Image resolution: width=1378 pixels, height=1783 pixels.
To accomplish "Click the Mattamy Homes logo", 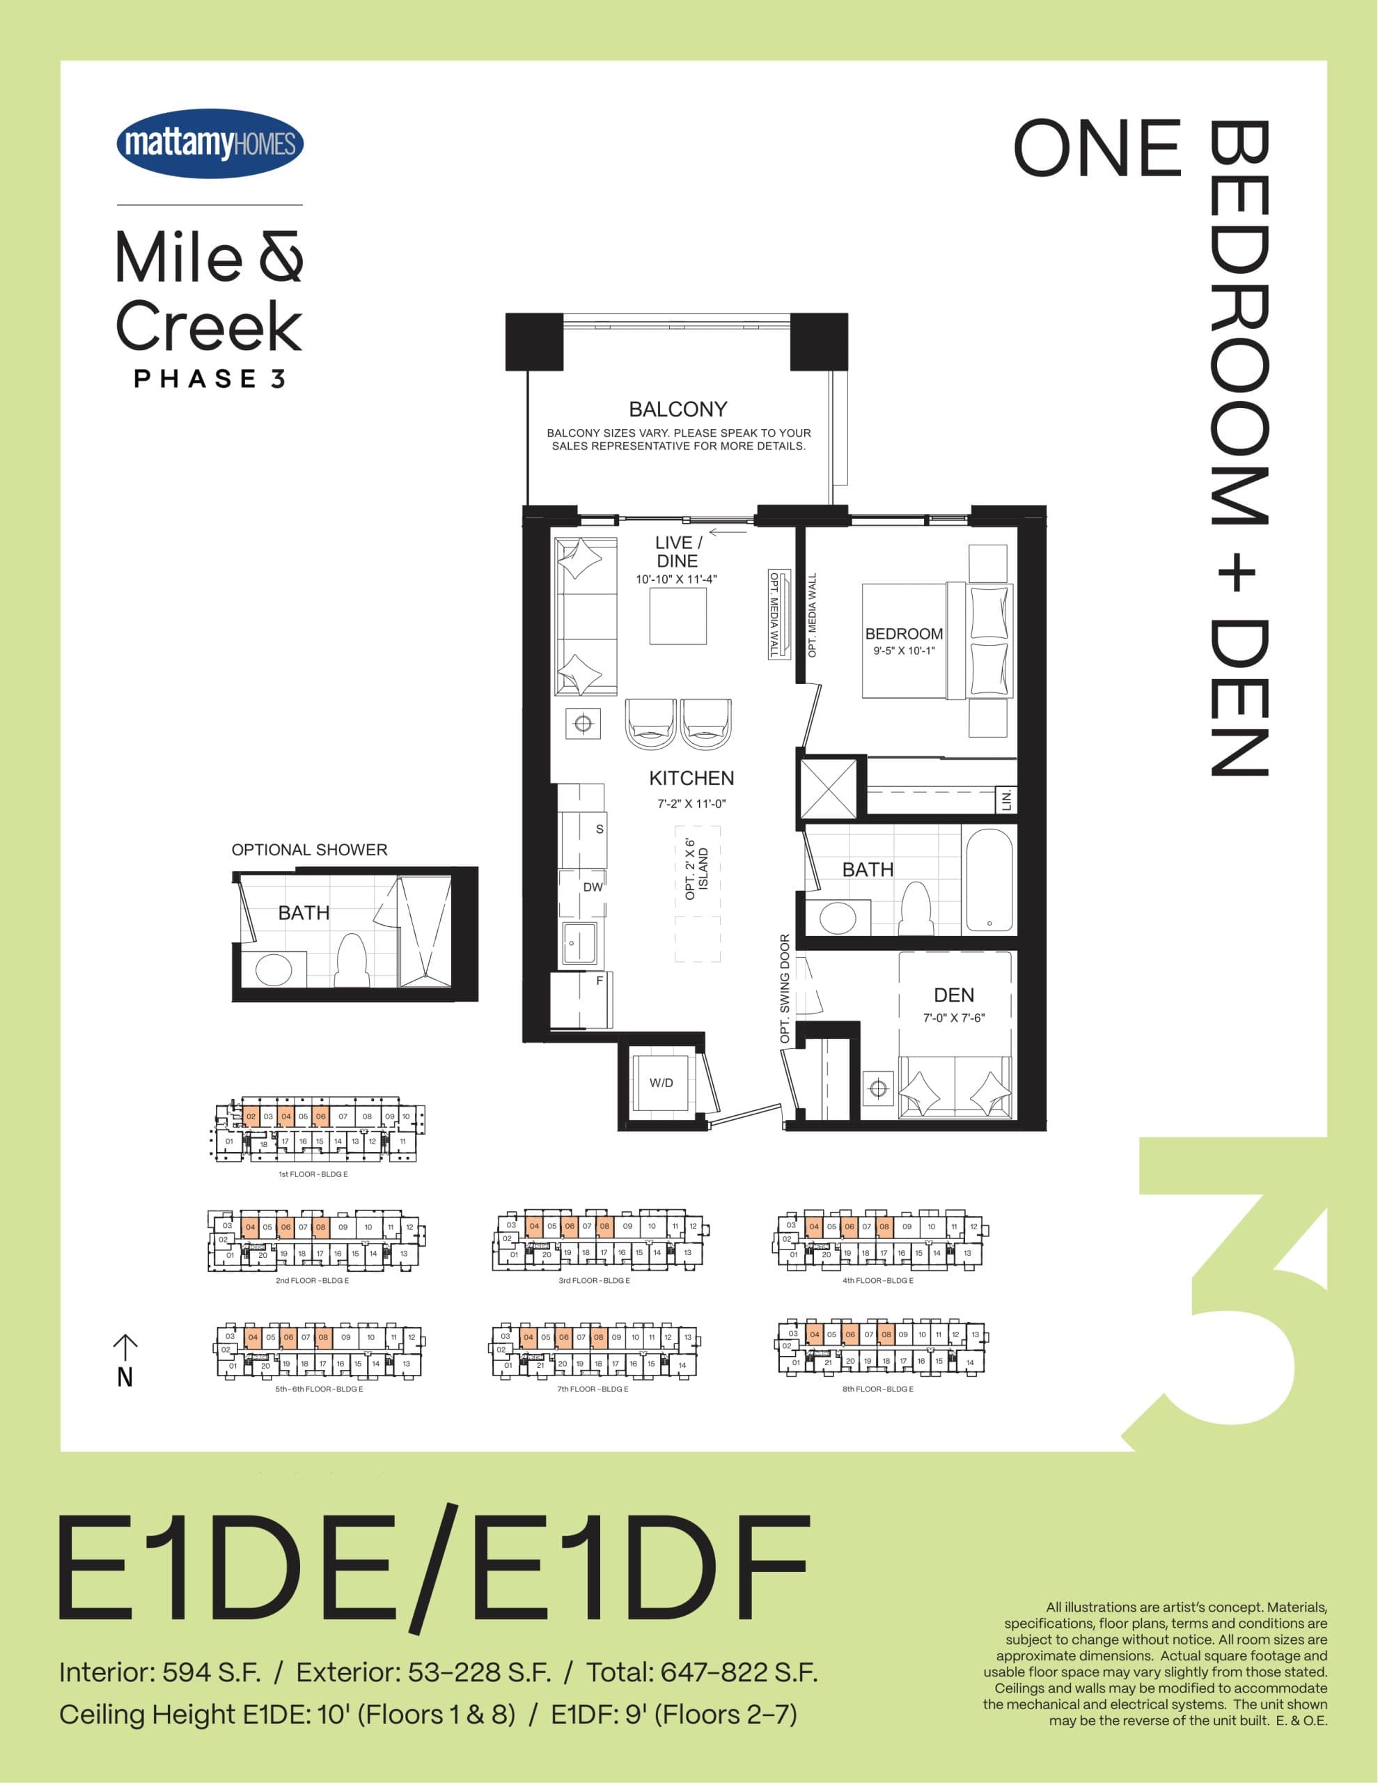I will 210,143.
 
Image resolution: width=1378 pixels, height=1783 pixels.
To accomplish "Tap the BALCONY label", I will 678,409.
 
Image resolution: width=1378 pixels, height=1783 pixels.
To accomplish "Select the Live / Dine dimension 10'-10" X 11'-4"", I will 676,579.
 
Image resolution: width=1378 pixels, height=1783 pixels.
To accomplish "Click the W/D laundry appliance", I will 661,1083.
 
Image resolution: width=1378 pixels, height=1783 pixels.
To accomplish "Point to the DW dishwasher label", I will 593,887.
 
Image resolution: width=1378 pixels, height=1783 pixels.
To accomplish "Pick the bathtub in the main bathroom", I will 989,878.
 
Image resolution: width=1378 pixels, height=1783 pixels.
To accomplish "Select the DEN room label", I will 953,995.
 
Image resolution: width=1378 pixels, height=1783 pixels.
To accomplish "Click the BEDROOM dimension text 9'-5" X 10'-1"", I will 904,651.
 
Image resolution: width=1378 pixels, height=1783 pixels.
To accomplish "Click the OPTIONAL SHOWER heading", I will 309,850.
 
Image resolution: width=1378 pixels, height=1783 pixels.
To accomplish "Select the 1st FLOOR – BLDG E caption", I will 313,1174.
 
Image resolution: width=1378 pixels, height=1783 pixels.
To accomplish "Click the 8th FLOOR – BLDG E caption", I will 877,1389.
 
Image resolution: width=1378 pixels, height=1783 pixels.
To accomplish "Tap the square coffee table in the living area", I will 678,616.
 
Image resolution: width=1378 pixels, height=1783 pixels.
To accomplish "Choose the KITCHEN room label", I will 691,778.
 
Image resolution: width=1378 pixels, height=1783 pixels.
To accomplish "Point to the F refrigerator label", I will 600,981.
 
